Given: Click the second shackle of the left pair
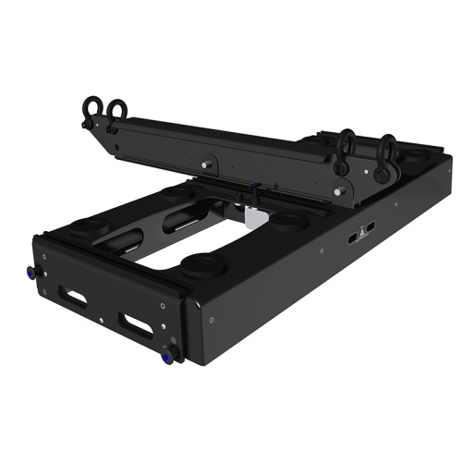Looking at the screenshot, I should (x=115, y=111).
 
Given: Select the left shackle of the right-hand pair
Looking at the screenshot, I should (x=348, y=142).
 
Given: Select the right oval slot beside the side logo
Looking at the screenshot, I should (x=369, y=227).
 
